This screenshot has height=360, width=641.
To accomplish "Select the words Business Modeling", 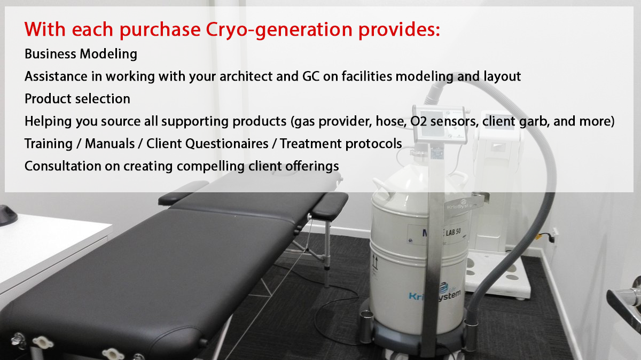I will [81, 54].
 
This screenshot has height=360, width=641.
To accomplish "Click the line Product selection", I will [77, 99].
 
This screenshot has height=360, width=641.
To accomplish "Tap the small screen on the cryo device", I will [432, 129].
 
